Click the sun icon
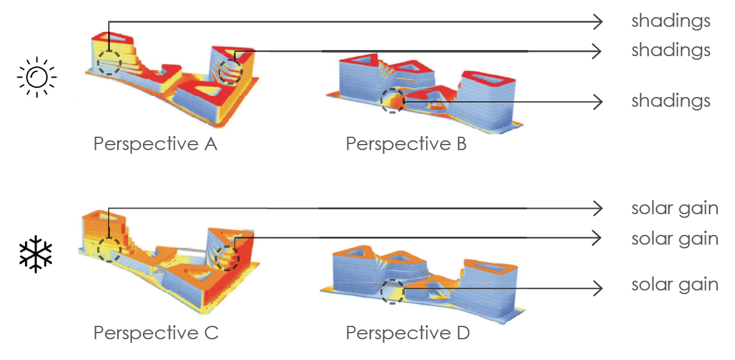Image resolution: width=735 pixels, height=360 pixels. (37, 76)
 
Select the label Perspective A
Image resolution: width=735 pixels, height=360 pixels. (155, 145)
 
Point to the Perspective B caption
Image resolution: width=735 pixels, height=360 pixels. (406, 145)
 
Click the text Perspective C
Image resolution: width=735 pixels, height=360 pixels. (156, 333)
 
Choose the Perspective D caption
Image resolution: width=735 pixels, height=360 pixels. (408, 333)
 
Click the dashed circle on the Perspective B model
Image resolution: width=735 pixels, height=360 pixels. (392, 101)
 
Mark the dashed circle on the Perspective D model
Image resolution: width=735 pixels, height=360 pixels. (392, 292)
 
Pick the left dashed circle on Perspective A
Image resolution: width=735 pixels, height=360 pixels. (109, 63)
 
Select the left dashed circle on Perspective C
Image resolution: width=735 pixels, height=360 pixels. (109, 250)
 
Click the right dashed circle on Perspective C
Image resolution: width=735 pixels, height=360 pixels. (227, 257)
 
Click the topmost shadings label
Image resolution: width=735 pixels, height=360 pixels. (671, 21)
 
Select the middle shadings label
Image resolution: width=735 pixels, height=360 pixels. (671, 50)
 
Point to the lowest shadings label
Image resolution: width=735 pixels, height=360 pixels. (671, 101)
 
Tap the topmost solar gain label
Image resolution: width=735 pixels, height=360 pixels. (675, 209)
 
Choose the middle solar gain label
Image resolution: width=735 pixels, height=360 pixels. (675, 238)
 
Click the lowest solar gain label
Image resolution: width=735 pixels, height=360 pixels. (675, 284)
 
